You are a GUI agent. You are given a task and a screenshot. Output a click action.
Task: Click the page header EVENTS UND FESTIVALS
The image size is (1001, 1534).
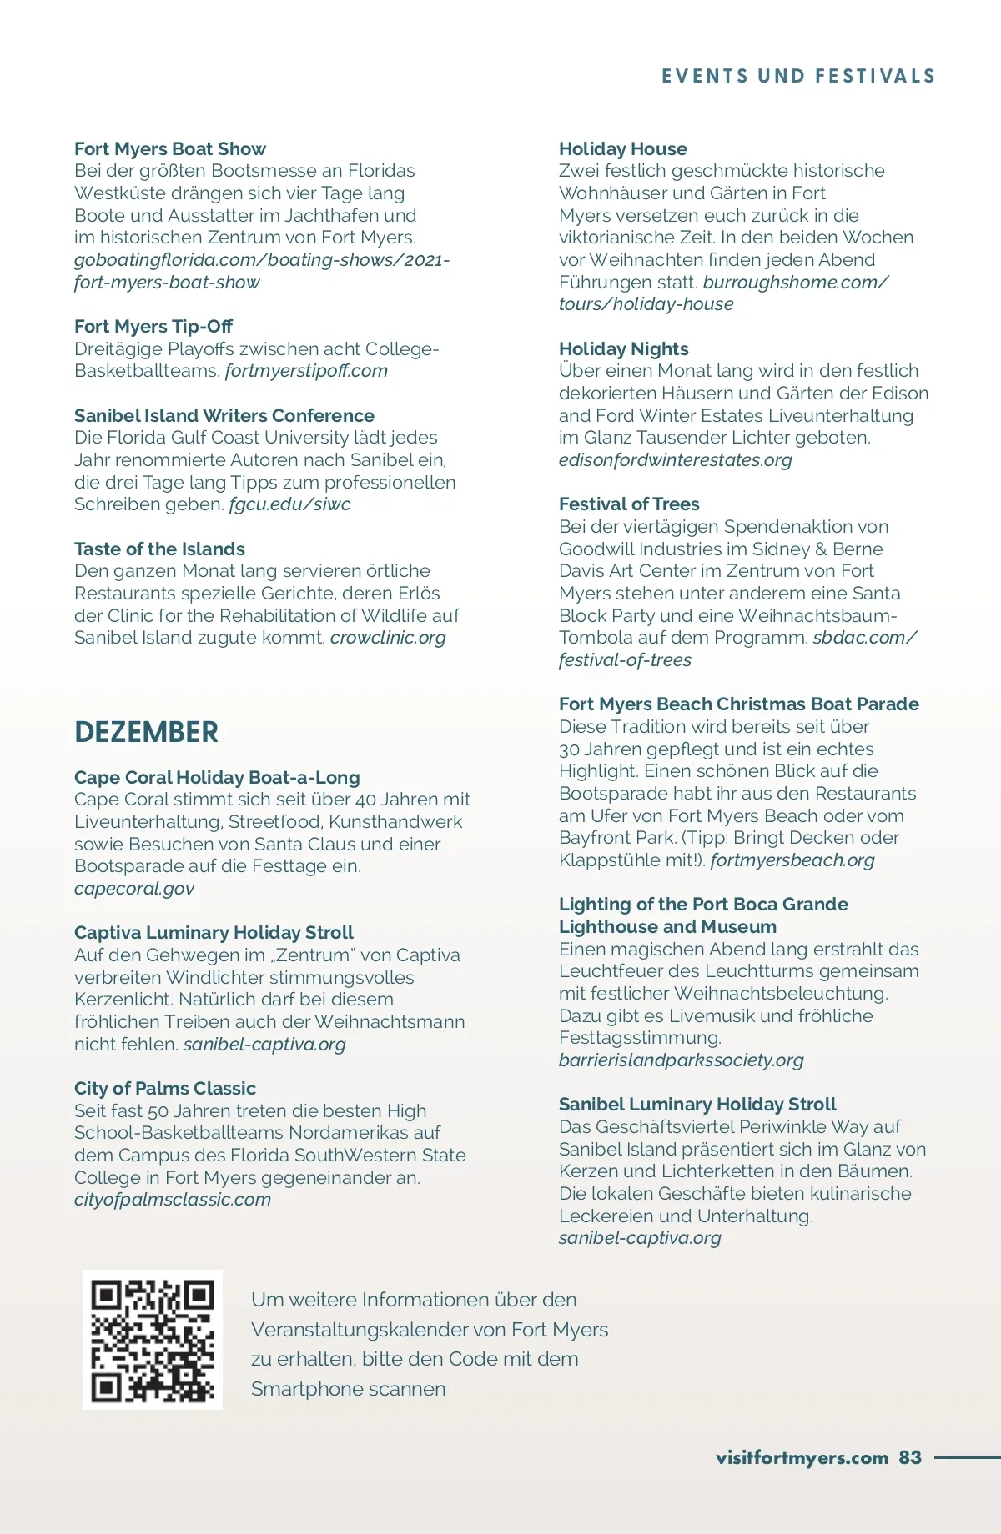(x=798, y=76)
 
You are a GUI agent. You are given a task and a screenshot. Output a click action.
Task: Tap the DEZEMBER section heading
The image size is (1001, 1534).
(x=146, y=732)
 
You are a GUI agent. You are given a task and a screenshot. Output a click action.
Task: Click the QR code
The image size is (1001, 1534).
(x=152, y=1340)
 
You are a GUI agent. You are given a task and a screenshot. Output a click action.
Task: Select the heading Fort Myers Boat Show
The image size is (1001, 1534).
(x=170, y=148)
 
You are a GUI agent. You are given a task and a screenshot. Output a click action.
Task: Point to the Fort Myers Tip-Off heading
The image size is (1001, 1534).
(x=153, y=326)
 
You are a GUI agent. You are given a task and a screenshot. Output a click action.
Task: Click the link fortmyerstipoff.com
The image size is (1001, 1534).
(x=306, y=370)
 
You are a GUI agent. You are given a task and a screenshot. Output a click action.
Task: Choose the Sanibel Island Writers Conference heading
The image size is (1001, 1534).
(x=224, y=415)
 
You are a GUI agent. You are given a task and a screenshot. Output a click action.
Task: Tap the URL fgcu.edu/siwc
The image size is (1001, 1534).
(x=289, y=504)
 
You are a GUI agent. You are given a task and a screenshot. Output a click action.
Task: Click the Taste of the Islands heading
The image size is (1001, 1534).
(x=159, y=549)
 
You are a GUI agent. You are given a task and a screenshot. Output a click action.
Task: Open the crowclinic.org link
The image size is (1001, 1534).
(x=388, y=637)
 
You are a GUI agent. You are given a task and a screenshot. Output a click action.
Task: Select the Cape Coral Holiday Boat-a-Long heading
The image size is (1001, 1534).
(x=217, y=777)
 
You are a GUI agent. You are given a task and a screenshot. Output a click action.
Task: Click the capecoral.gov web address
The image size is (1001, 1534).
(x=134, y=888)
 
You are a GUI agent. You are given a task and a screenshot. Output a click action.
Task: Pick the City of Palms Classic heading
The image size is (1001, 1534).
(x=165, y=1088)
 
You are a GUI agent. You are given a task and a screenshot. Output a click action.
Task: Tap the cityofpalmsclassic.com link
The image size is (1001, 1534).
(x=173, y=1199)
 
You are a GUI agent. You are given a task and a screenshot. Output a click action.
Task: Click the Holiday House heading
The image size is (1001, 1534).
(x=623, y=148)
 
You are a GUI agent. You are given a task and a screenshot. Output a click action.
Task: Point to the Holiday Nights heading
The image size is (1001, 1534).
(x=624, y=348)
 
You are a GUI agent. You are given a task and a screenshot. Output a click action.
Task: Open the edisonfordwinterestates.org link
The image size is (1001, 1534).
(x=676, y=459)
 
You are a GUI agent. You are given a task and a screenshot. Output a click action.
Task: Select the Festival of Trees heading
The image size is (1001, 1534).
(x=629, y=504)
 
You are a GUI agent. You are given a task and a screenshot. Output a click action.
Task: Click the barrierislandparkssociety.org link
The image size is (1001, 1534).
(x=682, y=1060)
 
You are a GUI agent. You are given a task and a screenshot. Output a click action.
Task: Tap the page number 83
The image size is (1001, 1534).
(x=910, y=1457)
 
